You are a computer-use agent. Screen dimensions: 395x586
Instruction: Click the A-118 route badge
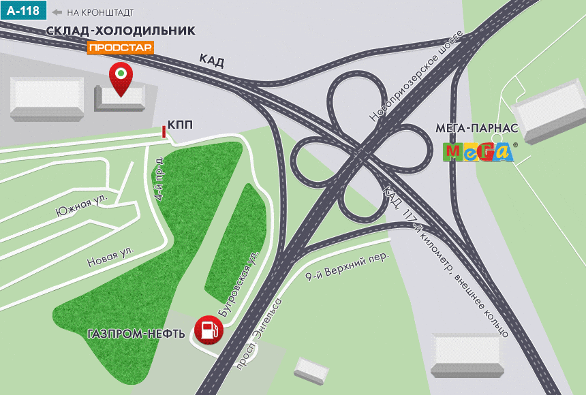click(x=24, y=12)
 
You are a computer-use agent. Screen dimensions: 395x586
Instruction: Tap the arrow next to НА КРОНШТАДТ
click(x=57, y=12)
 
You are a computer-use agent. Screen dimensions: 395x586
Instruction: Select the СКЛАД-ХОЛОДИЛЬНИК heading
click(x=121, y=31)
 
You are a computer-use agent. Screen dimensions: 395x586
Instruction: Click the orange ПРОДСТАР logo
click(x=121, y=47)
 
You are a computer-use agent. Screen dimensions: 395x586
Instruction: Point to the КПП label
click(x=180, y=124)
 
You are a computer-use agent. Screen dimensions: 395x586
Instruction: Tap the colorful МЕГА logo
click(x=478, y=151)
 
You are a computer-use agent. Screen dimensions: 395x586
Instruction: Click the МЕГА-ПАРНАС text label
click(x=477, y=127)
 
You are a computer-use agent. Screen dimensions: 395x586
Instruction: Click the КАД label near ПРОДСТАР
click(x=211, y=61)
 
